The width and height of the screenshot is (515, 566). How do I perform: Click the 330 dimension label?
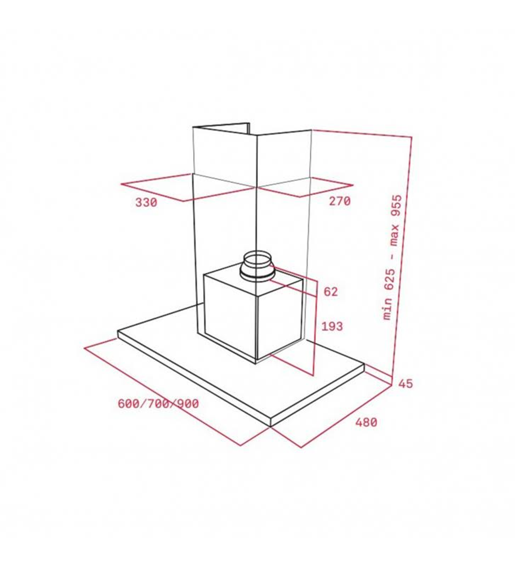[146, 202]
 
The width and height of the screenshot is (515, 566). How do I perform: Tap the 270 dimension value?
[339, 201]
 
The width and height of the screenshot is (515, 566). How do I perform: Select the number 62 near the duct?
[330, 291]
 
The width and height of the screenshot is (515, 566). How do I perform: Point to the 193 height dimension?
[332, 326]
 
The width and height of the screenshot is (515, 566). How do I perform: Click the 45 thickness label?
[406, 384]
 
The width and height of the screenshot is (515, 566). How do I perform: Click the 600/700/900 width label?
[158, 404]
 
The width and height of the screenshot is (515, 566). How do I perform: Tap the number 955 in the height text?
[396, 205]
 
